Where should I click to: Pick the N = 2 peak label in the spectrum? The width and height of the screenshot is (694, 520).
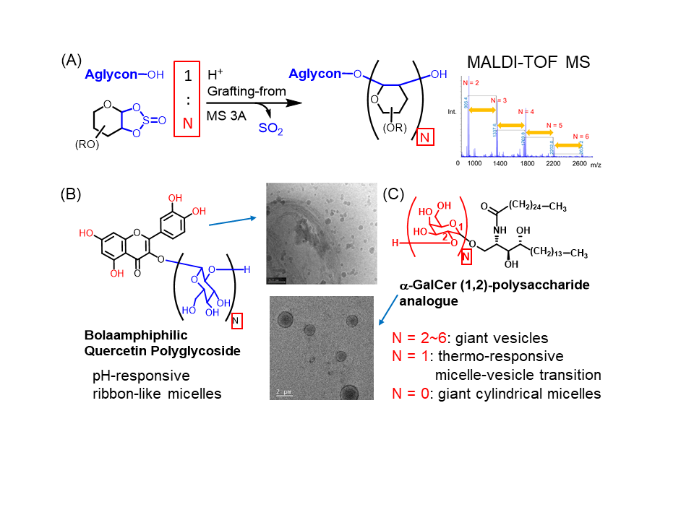click(x=471, y=82)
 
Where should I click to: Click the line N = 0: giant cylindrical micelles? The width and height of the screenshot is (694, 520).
click(x=496, y=394)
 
